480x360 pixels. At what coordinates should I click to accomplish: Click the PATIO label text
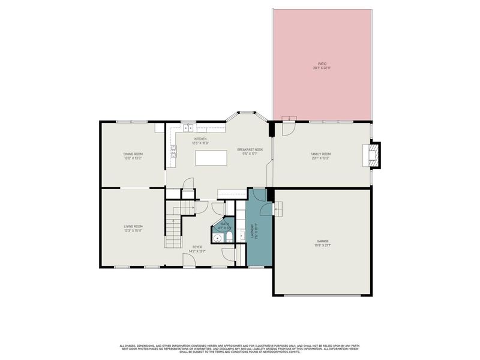(x=322, y=63)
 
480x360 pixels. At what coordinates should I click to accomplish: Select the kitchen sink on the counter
(x=189, y=128)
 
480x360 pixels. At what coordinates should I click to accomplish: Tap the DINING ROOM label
(x=133, y=154)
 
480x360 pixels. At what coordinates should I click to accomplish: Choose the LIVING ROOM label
(x=133, y=226)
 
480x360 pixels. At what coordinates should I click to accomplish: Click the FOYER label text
(x=197, y=247)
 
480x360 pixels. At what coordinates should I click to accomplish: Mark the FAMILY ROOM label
(x=320, y=154)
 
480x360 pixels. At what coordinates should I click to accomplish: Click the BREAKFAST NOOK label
(x=250, y=149)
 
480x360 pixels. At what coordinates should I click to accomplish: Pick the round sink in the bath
(x=218, y=238)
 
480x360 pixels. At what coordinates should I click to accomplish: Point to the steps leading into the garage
(x=278, y=208)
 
